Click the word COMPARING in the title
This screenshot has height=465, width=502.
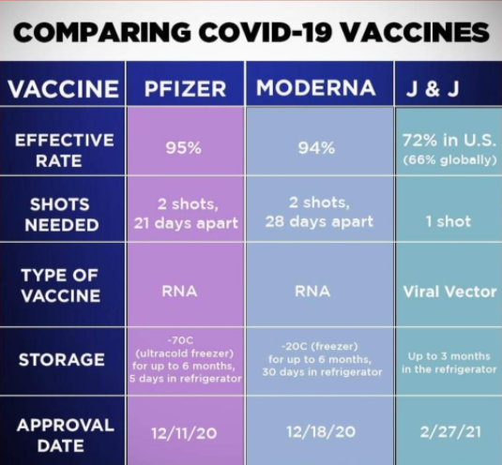coord(102,32)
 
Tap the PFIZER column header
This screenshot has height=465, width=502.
coord(185,88)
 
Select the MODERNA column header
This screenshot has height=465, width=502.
coord(315,87)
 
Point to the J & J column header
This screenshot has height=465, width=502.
coord(433,88)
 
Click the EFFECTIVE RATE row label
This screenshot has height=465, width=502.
coord(64,150)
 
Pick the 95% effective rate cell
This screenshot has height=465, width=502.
coord(184,148)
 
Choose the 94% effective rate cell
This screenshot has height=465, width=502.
coord(316,148)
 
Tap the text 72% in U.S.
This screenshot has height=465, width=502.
coord(449,141)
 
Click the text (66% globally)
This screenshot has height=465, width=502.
coord(450,159)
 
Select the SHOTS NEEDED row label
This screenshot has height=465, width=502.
coord(61,215)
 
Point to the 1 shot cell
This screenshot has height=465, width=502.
coord(449,221)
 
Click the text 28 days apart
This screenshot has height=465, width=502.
coord(319,221)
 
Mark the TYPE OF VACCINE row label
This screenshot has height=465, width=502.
coord(60,285)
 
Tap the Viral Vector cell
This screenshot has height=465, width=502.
coord(449,292)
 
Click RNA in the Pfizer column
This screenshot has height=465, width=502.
coord(179,291)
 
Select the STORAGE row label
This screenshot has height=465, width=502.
coord(62,359)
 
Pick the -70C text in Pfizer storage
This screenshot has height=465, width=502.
coord(180,340)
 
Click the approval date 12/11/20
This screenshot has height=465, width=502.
coord(184,433)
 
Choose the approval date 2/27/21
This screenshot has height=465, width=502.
coord(450,432)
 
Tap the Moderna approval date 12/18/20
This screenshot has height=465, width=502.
coord(321,432)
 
